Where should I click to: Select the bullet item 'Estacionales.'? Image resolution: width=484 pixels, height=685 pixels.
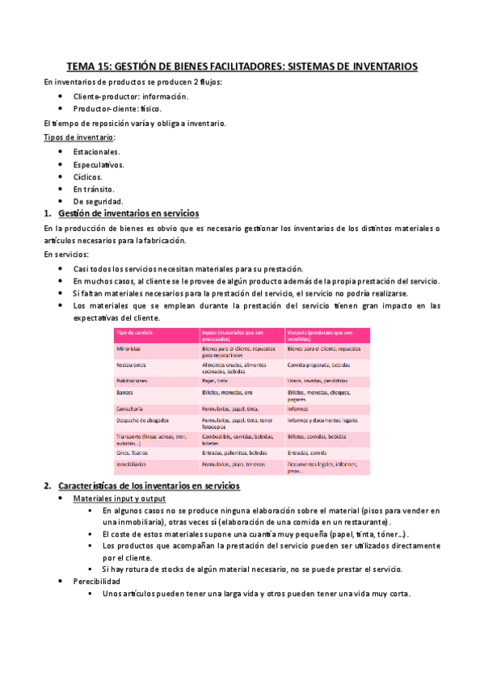pyautogui.click(x=96, y=151)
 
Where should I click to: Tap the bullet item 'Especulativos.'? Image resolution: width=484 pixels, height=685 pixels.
pyautogui.click(x=99, y=164)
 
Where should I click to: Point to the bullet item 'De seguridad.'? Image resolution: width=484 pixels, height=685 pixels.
pyautogui.click(x=98, y=200)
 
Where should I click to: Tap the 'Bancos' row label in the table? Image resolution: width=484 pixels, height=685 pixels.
pyautogui.click(x=124, y=392)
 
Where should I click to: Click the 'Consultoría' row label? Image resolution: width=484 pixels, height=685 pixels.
pyautogui.click(x=130, y=409)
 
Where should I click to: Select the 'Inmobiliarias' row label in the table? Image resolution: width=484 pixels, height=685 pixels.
pyautogui.click(x=133, y=464)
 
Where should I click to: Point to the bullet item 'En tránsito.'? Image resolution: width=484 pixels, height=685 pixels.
pyautogui.click(x=95, y=188)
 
